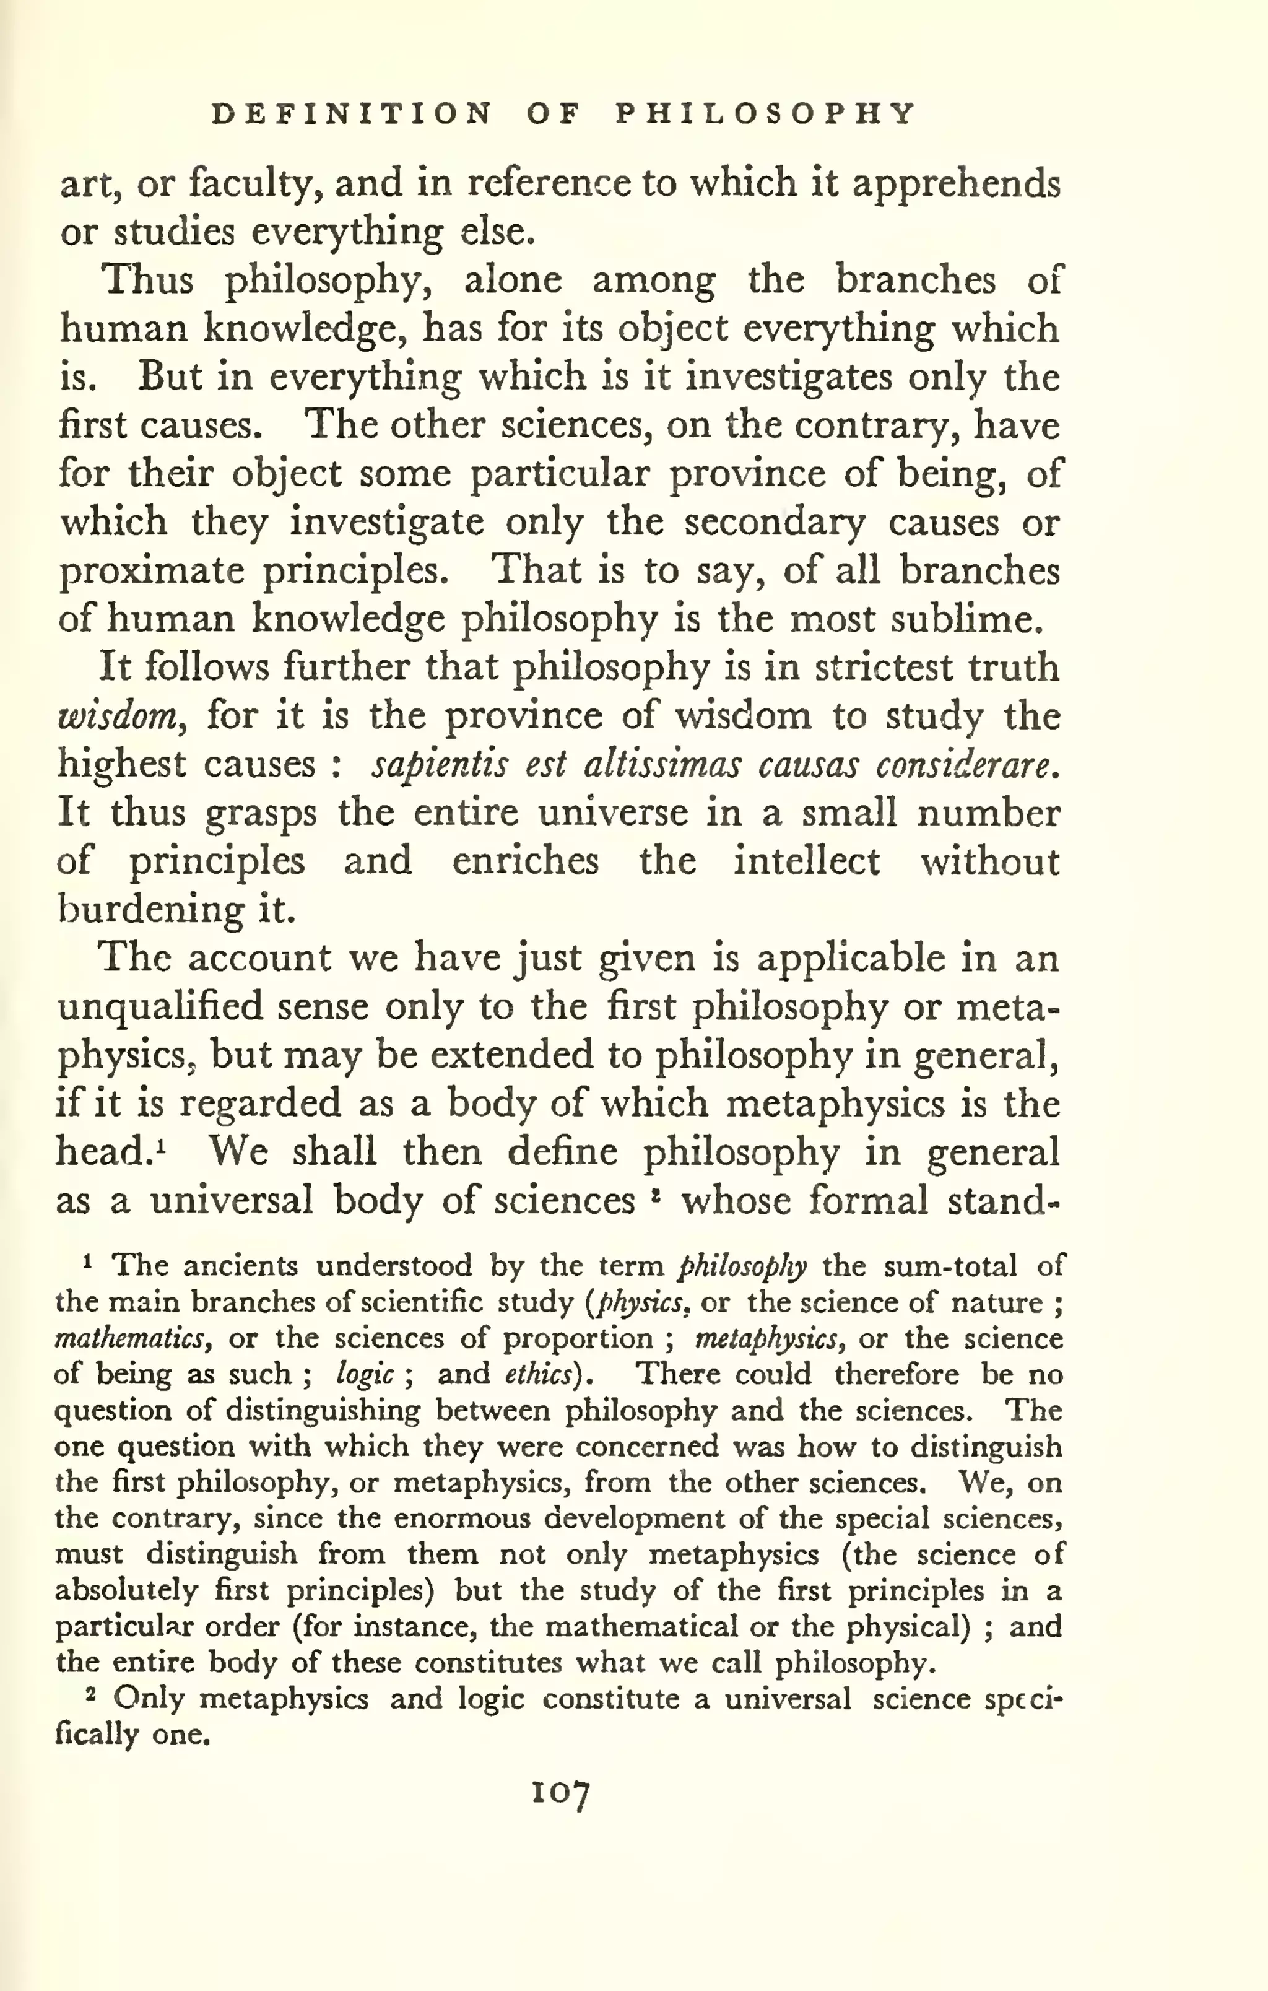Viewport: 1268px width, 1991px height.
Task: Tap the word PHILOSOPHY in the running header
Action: pyautogui.click(x=766, y=113)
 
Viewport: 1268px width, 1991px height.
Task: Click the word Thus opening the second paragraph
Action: pyautogui.click(x=147, y=281)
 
